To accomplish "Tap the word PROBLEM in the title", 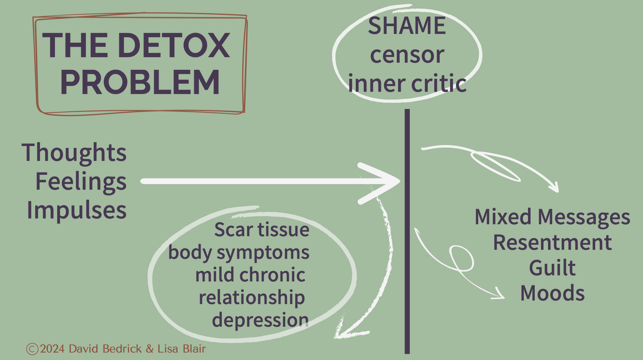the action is click(x=140, y=82).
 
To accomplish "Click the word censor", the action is click(x=407, y=55).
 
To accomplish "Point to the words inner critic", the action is click(x=407, y=83).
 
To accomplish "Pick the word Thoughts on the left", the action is click(x=74, y=153).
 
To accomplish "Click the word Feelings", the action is click(x=81, y=181).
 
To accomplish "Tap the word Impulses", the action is click(x=77, y=210).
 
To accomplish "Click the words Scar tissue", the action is click(x=262, y=230).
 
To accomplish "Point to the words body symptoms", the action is click(x=239, y=252).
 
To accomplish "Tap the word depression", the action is click(x=260, y=320).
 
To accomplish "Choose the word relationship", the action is click(x=252, y=297).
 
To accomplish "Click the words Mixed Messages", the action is click(x=552, y=217).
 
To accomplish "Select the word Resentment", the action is click(x=552, y=242).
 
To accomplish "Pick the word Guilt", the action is click(x=552, y=268).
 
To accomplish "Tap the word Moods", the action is click(x=552, y=293).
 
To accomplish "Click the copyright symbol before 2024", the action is click(x=32, y=349).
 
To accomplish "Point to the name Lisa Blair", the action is click(x=182, y=349).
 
